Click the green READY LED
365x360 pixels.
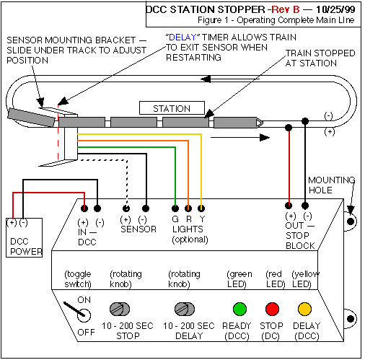[x=239, y=309]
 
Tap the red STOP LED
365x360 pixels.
[x=272, y=309]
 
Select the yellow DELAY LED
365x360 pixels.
[x=304, y=309]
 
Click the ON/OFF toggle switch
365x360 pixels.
[x=78, y=311]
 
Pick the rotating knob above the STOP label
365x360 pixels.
[x=120, y=309]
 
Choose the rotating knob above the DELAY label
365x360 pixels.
[x=185, y=309]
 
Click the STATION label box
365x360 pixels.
[x=172, y=108]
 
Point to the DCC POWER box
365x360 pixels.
[x=24, y=237]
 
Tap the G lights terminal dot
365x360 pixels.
[x=175, y=208]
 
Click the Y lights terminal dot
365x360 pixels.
[x=201, y=208]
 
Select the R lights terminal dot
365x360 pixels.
[x=188, y=208]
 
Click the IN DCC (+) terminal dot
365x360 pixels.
[x=84, y=208]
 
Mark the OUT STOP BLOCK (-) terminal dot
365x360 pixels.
[x=305, y=206]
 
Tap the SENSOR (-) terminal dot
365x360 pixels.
[x=146, y=208]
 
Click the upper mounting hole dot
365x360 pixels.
[x=351, y=221]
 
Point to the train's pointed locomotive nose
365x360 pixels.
[x=260, y=123]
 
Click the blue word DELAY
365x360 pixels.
[x=182, y=38]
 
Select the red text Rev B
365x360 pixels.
[x=286, y=9]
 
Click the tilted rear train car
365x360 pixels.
[x=32, y=117]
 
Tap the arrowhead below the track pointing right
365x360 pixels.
[x=265, y=138]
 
